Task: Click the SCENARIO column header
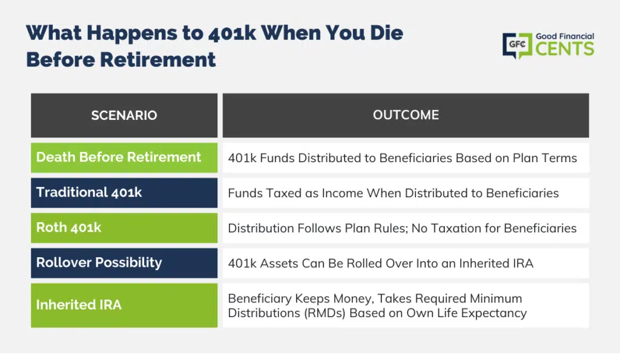[x=124, y=116]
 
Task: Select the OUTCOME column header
[x=406, y=115]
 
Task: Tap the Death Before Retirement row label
[x=119, y=157]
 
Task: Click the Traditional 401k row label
[x=89, y=192]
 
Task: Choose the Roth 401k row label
[x=69, y=227]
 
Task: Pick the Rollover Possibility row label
[x=99, y=263]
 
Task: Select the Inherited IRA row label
[x=79, y=305]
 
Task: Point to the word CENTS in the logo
[x=565, y=49]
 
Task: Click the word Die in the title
[x=386, y=33]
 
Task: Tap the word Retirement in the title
[x=158, y=60]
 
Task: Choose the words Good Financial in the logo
[x=565, y=36]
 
